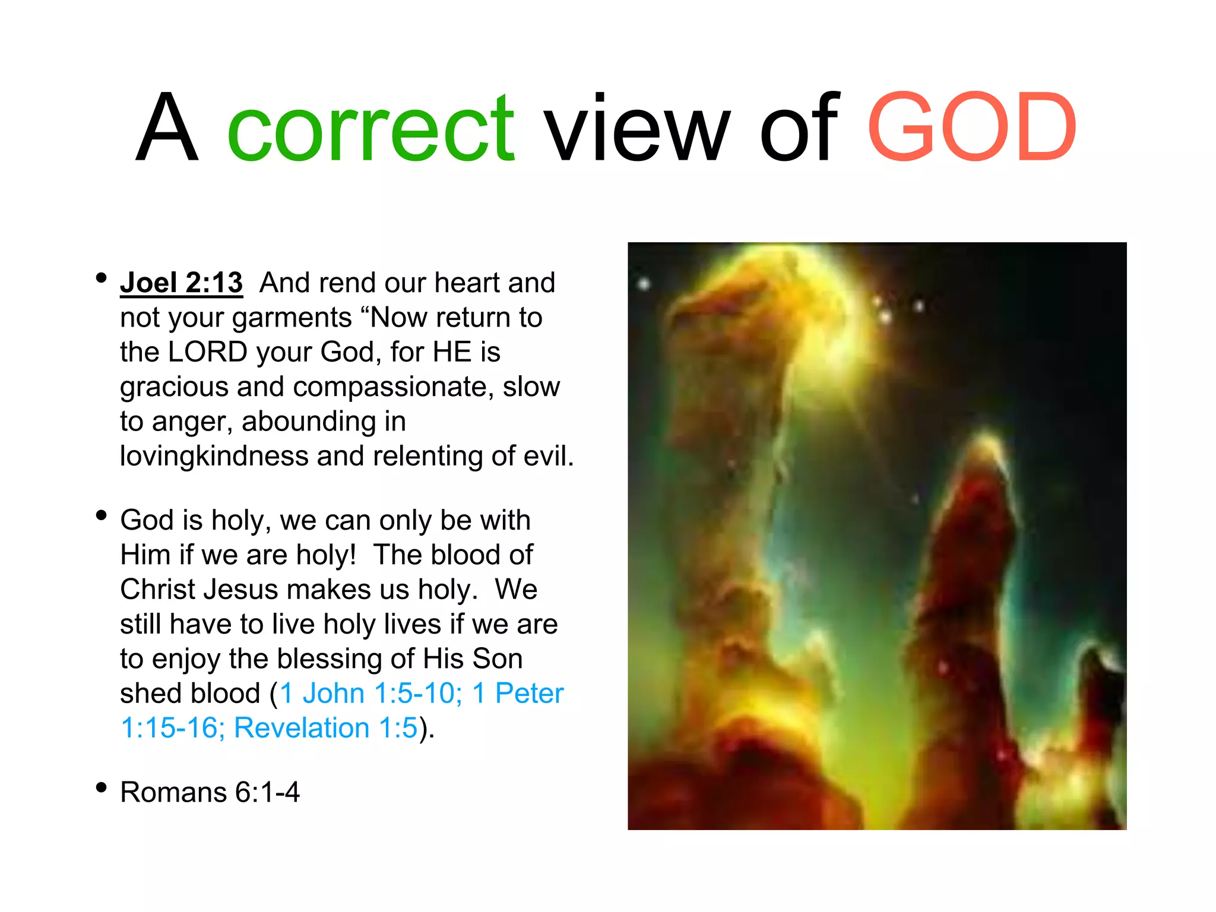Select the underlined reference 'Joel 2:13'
click(x=181, y=283)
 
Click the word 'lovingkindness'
click(x=214, y=457)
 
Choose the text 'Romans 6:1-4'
click(x=210, y=792)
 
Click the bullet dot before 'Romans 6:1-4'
click(x=102, y=788)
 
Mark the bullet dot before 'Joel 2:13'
click(x=102, y=278)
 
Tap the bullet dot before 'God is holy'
click(x=102, y=515)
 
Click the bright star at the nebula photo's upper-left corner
click(x=644, y=284)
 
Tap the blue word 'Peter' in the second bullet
click(x=529, y=693)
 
